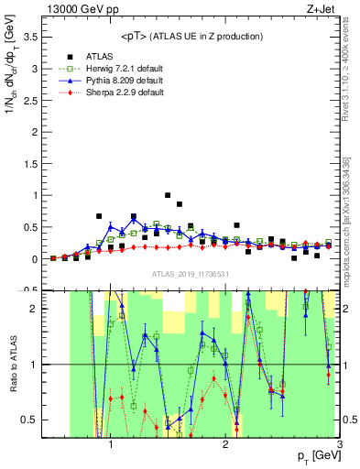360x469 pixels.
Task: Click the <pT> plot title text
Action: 191,36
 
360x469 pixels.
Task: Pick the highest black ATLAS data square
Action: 168,195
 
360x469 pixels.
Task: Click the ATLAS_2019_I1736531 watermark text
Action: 191,274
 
